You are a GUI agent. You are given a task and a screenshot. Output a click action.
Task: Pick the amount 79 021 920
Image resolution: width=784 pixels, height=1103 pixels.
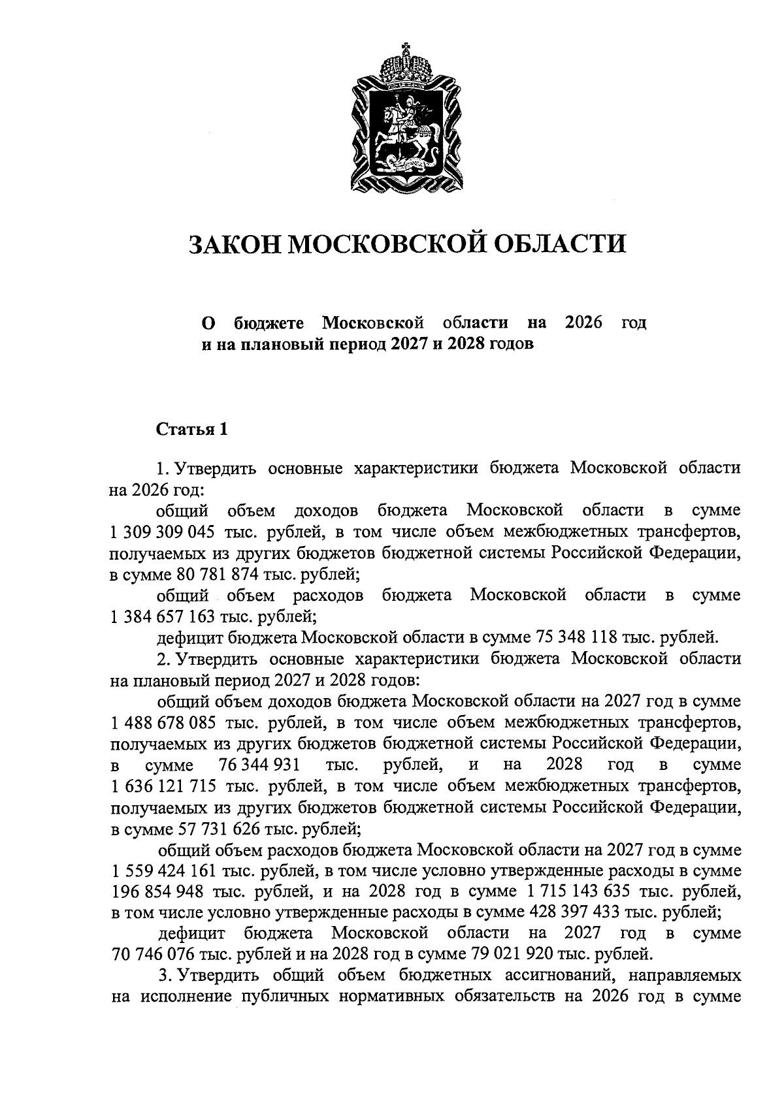512,954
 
